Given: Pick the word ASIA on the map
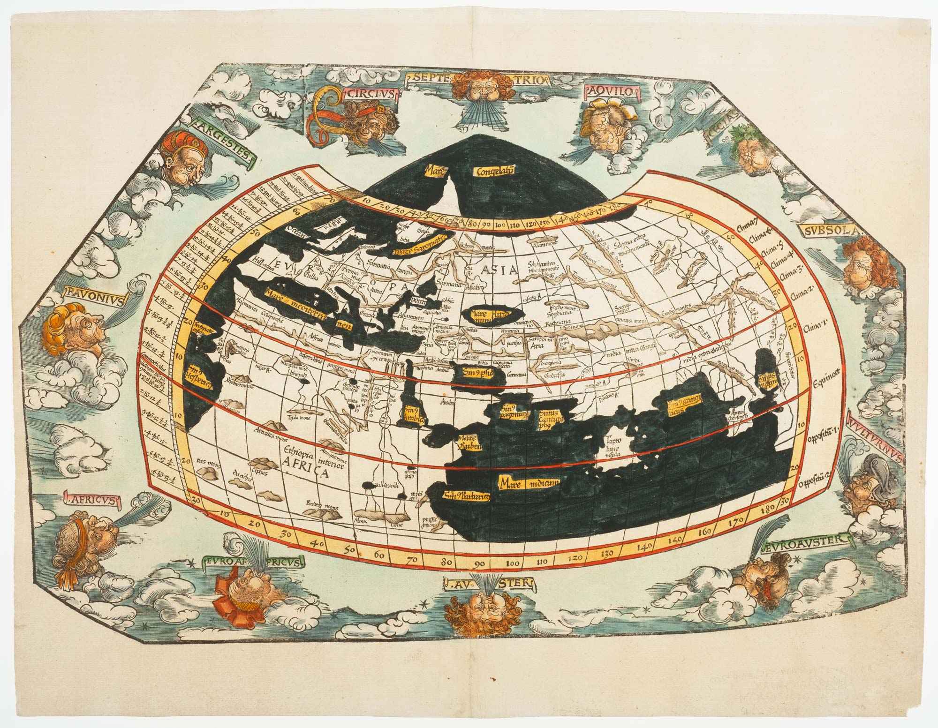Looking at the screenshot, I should tap(499, 270).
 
